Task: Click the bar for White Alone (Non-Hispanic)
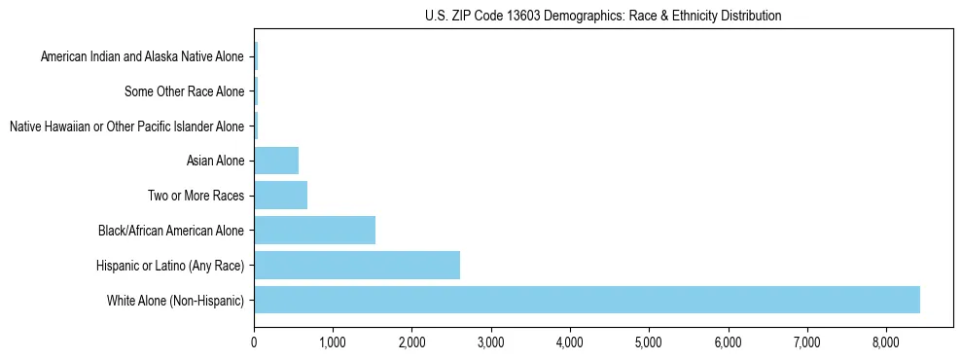587,300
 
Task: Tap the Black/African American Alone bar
314,230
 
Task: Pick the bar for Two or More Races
280,195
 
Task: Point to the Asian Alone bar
276,161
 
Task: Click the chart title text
603,16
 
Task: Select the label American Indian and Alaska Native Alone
143,56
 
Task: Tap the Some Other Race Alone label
185,91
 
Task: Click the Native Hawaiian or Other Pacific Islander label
126,126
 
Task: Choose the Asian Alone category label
215,161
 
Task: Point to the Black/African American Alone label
171,231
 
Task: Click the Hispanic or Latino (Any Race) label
170,265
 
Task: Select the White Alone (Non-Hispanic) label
176,300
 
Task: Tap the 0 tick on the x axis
254,342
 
